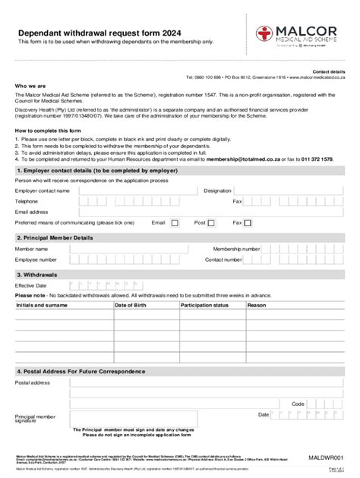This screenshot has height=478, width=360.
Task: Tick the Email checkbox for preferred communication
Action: [175, 223]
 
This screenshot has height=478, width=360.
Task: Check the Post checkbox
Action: [212, 223]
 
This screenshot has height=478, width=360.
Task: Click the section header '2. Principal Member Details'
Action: [55, 237]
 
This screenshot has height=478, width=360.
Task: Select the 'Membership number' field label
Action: [237, 249]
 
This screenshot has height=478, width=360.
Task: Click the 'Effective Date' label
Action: [31, 285]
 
